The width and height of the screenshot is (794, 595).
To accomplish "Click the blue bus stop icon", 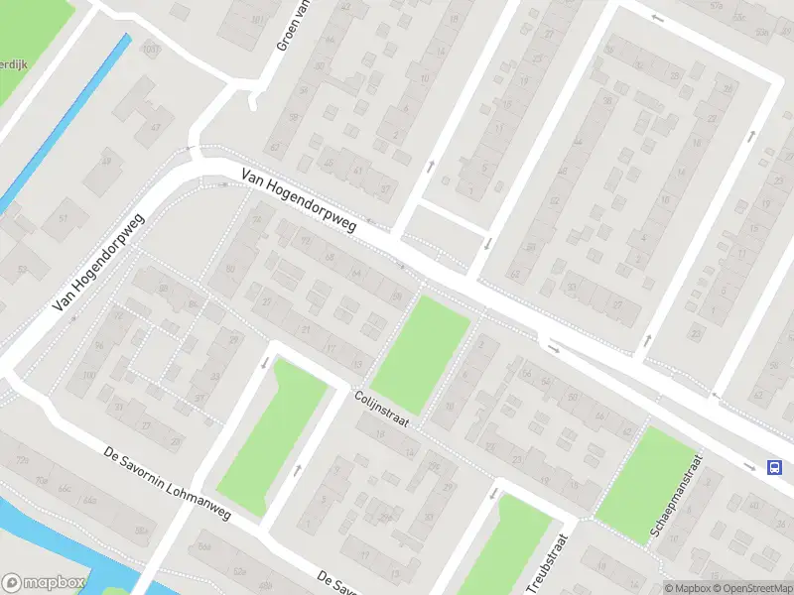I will coord(773,467).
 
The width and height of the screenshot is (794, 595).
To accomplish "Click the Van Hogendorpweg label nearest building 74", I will coord(299,202).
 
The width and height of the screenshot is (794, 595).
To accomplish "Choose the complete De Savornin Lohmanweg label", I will coord(167,485).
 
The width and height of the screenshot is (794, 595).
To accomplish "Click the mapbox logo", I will coord(44,583).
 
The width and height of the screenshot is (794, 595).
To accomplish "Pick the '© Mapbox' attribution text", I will coord(688,588).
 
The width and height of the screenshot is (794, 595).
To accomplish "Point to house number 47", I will coord(155,127).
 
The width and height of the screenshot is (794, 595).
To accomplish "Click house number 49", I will coord(107,163).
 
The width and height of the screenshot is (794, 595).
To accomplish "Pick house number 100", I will coord(89,376).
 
